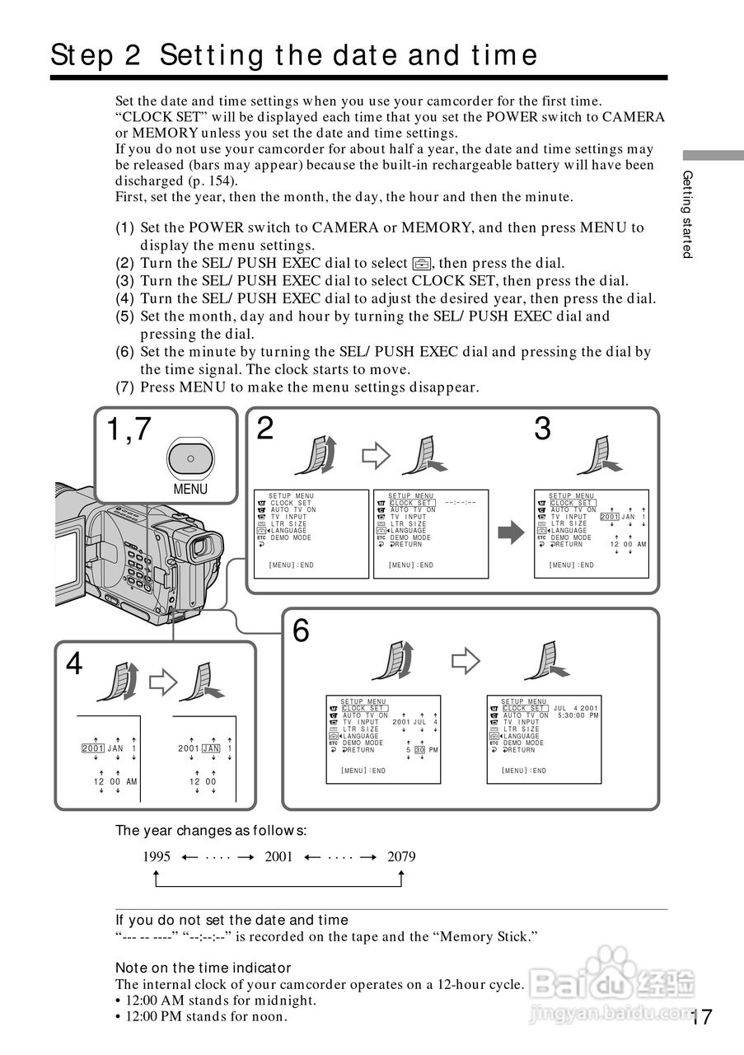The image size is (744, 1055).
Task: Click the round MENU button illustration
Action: point(190,457)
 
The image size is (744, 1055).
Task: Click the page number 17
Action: point(701,1017)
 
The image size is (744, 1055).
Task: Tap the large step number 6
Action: point(302,631)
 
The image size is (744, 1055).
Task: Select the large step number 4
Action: point(74,663)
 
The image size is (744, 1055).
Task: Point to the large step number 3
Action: point(542,429)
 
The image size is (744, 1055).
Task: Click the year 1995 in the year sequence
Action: point(157,856)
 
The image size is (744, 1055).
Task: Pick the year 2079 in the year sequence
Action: point(401,856)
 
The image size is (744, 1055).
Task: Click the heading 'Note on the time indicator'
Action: point(203,968)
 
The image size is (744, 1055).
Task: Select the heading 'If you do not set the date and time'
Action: point(232,920)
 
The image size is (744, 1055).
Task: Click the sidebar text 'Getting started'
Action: point(688,213)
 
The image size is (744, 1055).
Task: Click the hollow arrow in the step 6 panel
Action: point(466,659)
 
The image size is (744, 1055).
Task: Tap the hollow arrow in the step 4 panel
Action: point(162,680)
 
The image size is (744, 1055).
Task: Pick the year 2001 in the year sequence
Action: point(278,856)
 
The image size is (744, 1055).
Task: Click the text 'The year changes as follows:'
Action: point(211,830)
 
